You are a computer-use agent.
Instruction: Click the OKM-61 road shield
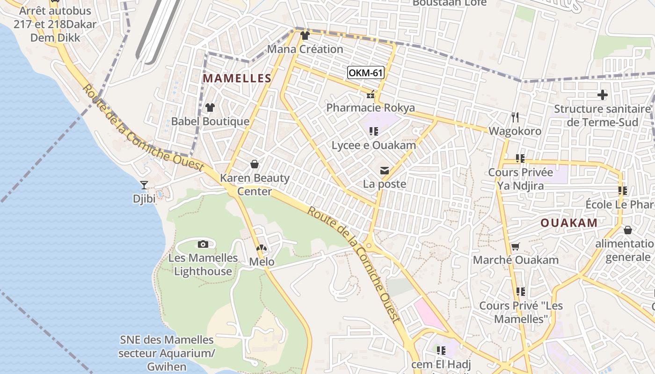point(366,73)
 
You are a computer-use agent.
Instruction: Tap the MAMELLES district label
point(237,79)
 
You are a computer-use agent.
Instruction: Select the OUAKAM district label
point(569,223)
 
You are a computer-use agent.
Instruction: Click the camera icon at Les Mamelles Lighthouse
point(203,244)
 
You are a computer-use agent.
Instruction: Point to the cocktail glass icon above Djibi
point(144,185)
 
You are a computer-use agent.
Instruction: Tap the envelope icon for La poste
point(385,171)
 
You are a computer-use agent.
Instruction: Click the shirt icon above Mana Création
point(305,36)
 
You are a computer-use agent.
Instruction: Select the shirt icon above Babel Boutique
point(210,108)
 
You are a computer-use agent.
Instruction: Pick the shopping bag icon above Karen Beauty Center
point(255,164)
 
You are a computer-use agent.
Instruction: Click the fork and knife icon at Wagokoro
point(515,117)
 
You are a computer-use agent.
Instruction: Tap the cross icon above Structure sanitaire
point(603,95)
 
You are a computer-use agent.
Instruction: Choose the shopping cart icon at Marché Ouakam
point(516,246)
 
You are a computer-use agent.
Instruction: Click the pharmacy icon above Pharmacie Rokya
point(371,95)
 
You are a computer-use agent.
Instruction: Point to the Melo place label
point(262,262)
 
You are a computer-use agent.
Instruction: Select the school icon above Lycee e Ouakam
point(373,131)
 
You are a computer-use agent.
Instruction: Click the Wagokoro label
point(515,131)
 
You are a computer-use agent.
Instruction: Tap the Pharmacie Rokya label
point(371,108)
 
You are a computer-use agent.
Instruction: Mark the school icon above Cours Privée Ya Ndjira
point(520,158)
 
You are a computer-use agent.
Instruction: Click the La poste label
point(385,184)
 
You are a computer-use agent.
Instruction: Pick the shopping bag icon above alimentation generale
point(628,230)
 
